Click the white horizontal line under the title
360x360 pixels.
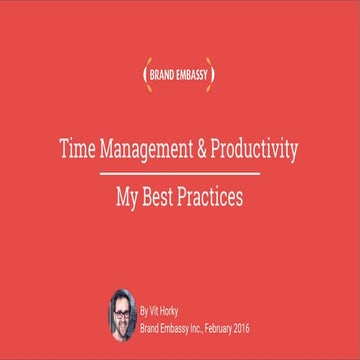(x=180, y=174)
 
